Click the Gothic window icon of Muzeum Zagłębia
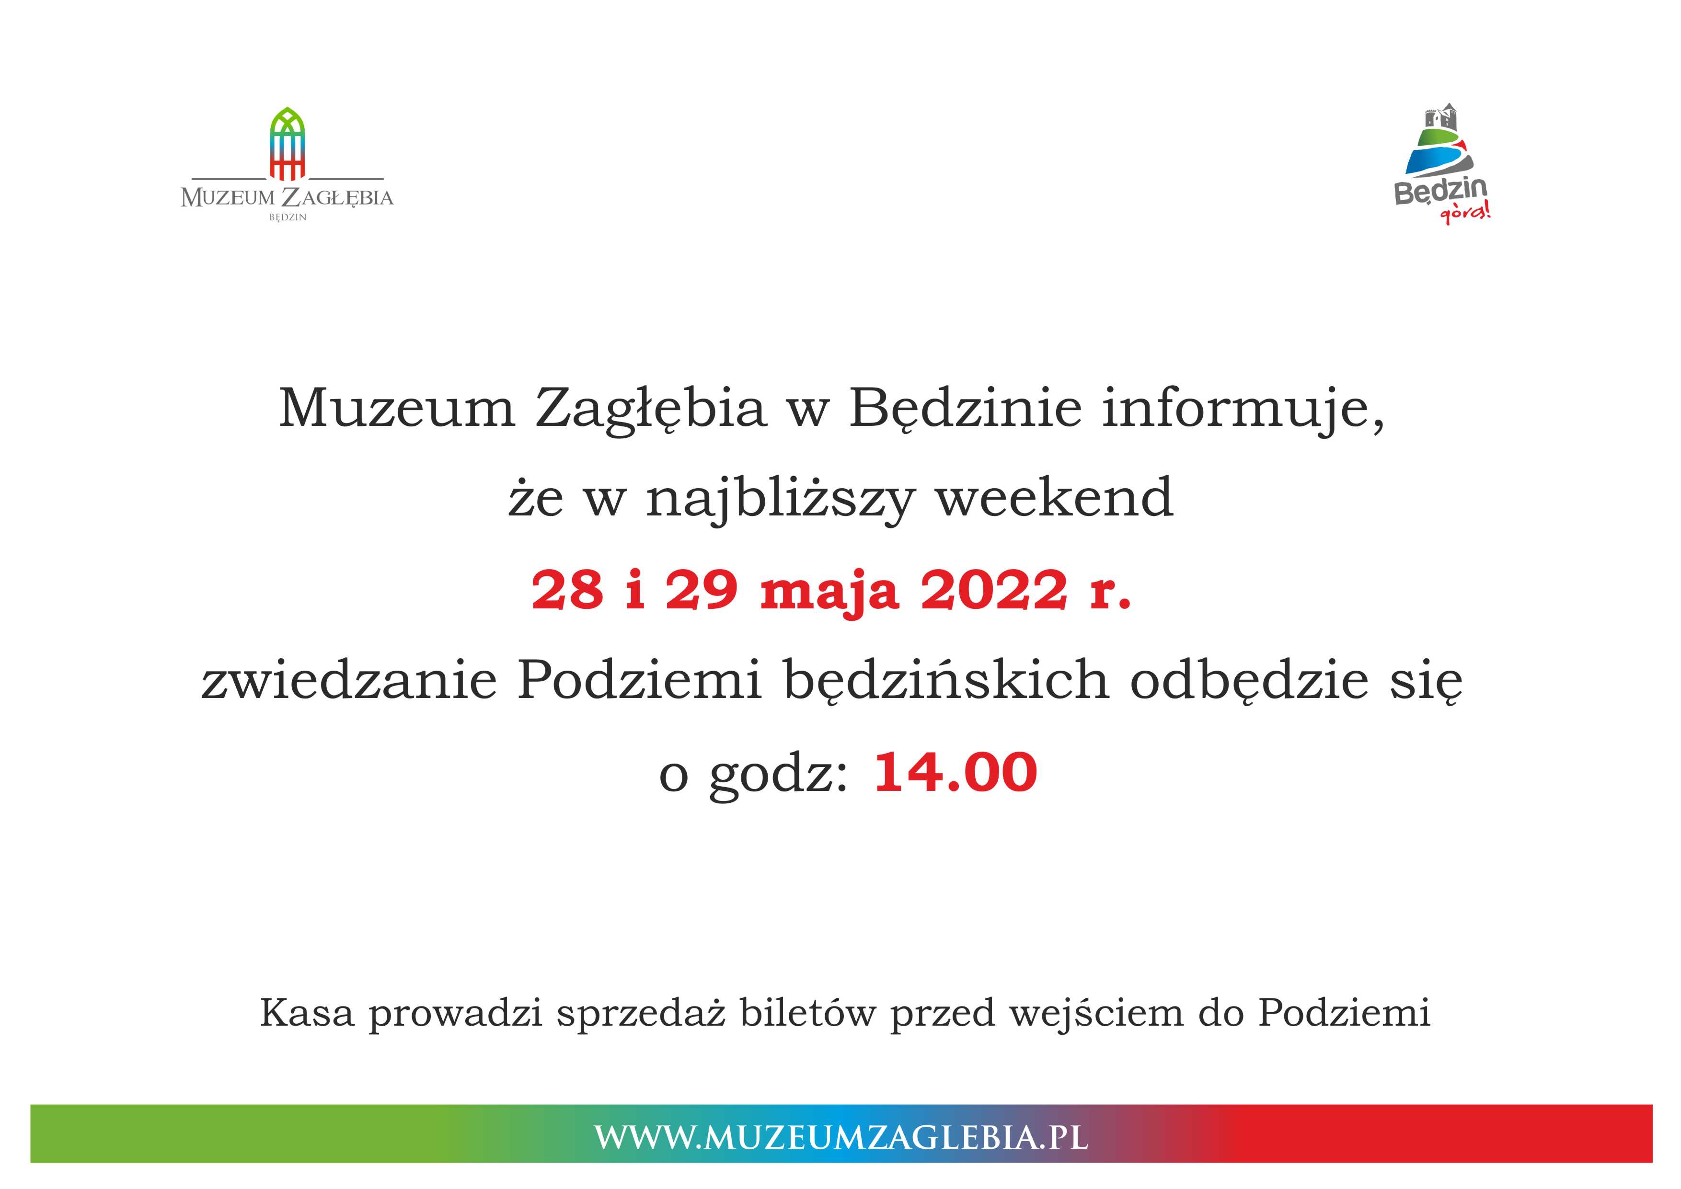point(288,144)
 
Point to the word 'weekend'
point(1055,497)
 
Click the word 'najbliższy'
point(781,501)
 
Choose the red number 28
point(567,590)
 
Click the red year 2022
point(993,590)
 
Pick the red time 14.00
point(956,772)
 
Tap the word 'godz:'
point(778,775)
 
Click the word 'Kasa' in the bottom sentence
point(308,1013)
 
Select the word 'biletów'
point(807,1013)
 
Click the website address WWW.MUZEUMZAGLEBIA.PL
point(840,1137)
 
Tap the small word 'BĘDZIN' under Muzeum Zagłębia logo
point(288,217)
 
